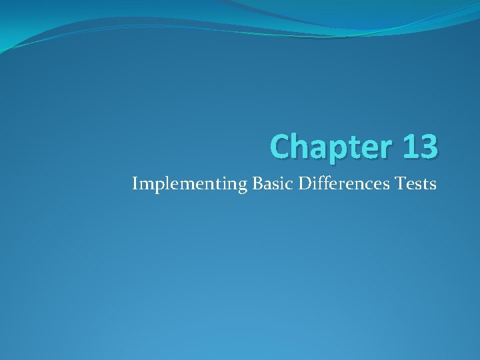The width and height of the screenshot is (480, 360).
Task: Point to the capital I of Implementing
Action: pyautogui.click(x=135, y=183)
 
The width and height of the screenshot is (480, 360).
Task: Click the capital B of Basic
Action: pyautogui.click(x=257, y=183)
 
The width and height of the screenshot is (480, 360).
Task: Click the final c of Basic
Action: pyautogui.click(x=291, y=184)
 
